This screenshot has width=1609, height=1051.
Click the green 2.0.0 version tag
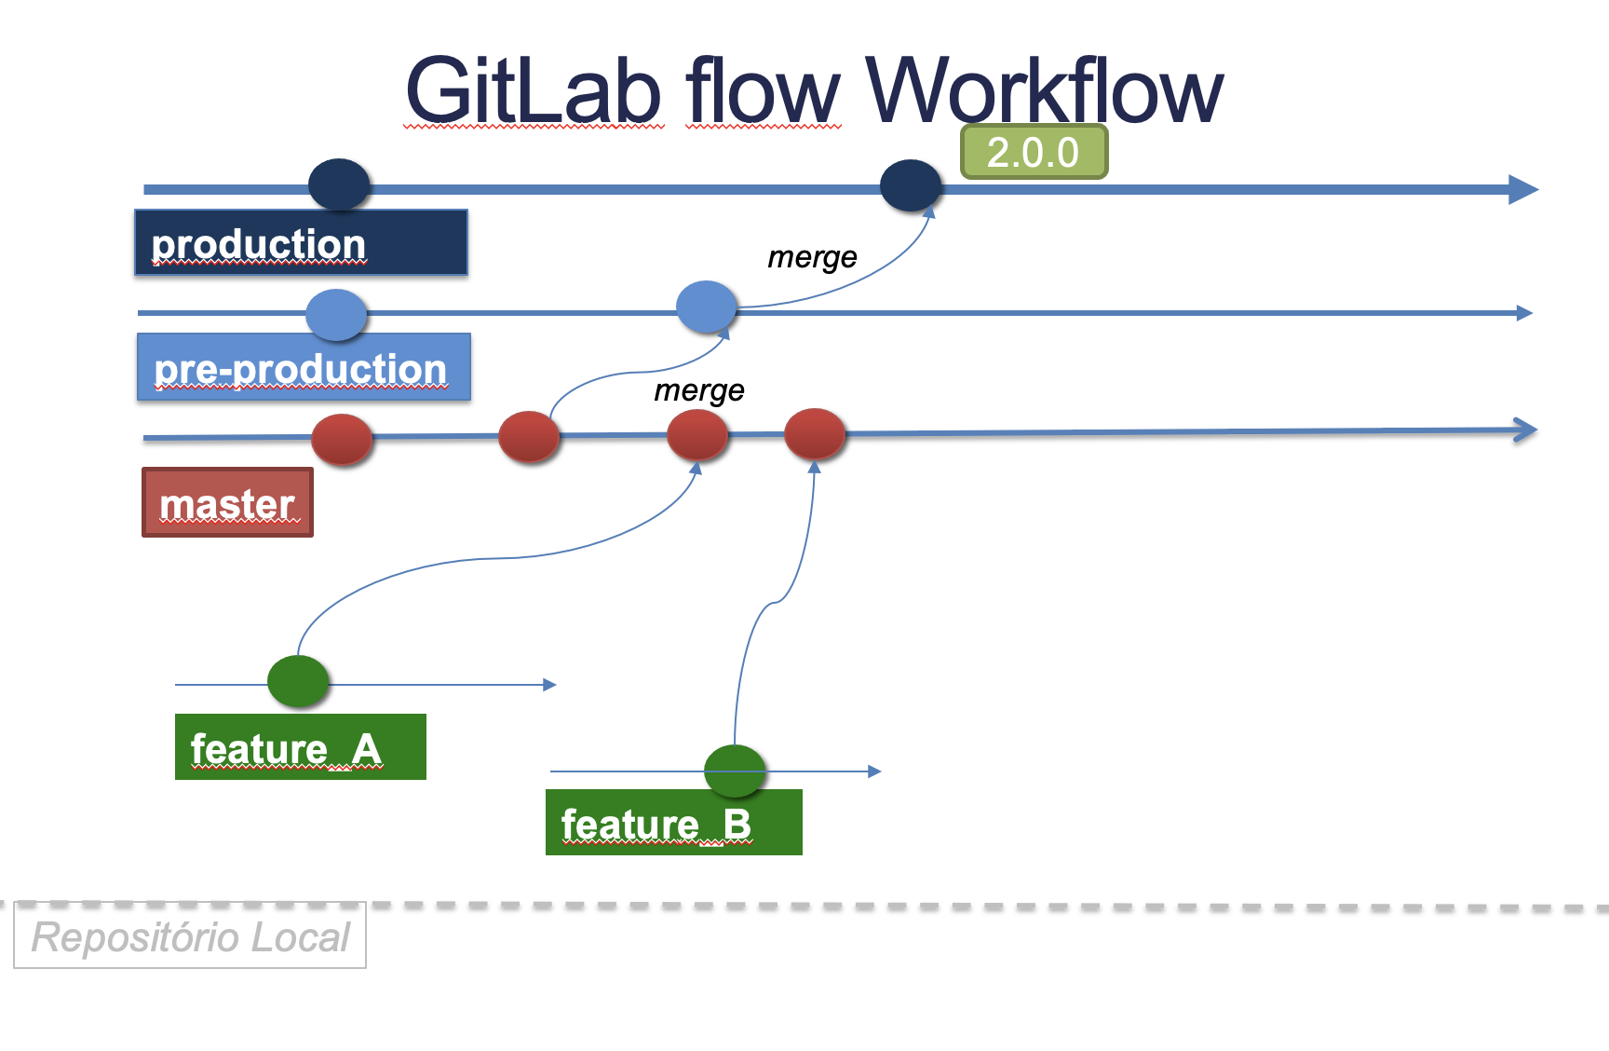click(x=1034, y=152)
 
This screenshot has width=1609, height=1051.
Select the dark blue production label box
click(x=301, y=242)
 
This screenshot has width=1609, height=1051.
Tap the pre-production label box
click(x=304, y=367)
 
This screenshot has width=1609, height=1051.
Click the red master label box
click(x=227, y=502)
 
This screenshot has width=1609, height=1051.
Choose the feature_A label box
click(x=300, y=746)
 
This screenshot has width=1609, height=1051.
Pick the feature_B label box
click(x=673, y=822)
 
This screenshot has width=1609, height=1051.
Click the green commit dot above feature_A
click(x=298, y=681)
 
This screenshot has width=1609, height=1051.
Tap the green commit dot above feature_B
click(x=735, y=771)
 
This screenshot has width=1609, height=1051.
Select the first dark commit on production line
click(x=340, y=184)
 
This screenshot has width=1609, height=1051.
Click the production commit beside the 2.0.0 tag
click(x=912, y=185)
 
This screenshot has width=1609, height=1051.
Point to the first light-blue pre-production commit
click(x=336, y=315)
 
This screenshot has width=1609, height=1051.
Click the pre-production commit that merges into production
click(x=707, y=307)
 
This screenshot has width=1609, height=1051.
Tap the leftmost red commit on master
click(x=342, y=440)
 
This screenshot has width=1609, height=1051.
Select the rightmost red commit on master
click(x=815, y=434)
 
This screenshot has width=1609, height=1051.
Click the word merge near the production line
click(x=812, y=257)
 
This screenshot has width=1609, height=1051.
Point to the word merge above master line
click(x=699, y=390)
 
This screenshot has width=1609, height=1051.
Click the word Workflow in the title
click(x=1045, y=89)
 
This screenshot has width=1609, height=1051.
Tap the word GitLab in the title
click(x=534, y=89)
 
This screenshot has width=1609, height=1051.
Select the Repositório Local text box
click(x=190, y=936)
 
